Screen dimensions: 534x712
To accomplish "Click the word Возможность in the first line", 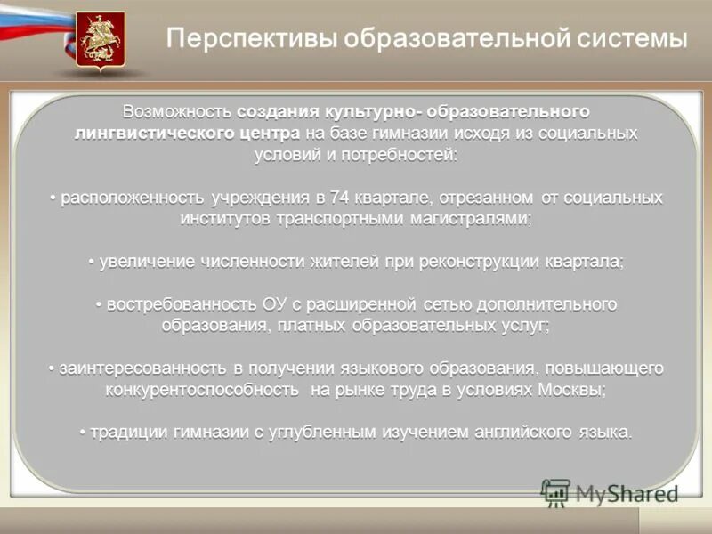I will tap(178, 112).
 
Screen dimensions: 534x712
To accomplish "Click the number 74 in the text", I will tap(338, 198).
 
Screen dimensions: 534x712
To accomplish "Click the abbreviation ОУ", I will tap(274, 305).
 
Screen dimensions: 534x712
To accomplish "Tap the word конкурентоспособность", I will tap(201, 390).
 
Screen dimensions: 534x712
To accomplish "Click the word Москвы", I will tap(578, 390).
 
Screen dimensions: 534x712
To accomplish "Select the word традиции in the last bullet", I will tap(126, 433).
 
